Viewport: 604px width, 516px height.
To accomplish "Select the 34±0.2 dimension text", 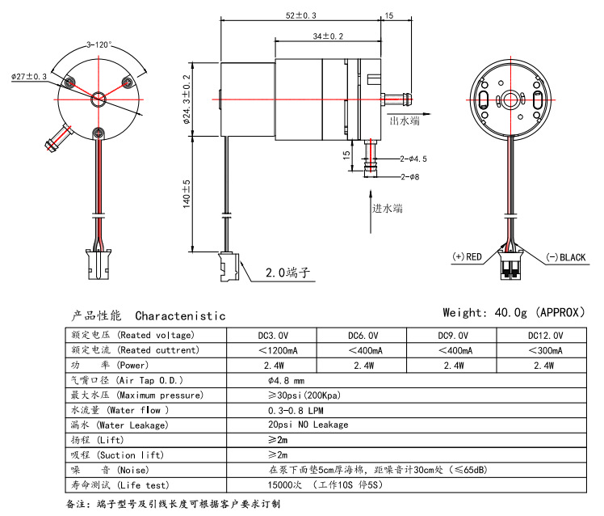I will coord(328,36).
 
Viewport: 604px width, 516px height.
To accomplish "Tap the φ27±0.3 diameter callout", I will coord(29,76).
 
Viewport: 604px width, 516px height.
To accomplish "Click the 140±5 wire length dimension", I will coord(187,194).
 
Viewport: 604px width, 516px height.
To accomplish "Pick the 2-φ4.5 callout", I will coord(413,159).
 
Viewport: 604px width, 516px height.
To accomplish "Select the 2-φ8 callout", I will coord(409,177).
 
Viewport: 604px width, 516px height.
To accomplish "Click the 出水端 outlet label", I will coord(405,121).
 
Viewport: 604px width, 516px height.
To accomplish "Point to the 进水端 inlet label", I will coord(387,208).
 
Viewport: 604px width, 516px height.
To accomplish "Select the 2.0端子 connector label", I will coord(288,273).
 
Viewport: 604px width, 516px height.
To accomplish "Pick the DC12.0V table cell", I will coord(545,335).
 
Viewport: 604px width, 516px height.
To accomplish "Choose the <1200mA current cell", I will coord(277,350).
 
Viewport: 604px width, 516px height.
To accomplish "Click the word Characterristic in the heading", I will coord(180,315).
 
